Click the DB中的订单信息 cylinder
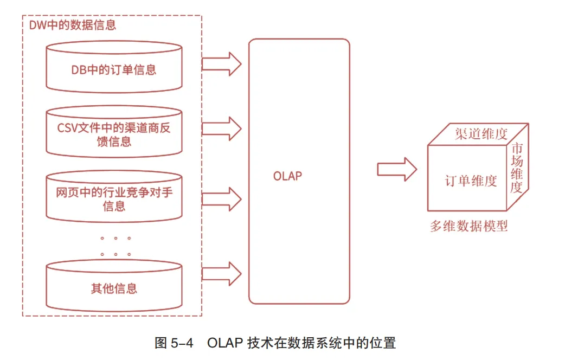point(114,69)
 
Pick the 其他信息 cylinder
point(114,288)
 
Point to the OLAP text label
point(287,176)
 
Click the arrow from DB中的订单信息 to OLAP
point(221,63)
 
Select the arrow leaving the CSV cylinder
point(221,128)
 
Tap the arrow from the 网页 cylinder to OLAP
point(221,198)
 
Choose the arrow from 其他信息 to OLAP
point(221,273)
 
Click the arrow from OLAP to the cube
point(397,169)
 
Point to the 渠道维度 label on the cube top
point(481,134)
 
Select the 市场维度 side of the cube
point(518,168)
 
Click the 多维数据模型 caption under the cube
point(469,226)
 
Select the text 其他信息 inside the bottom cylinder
point(114,288)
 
